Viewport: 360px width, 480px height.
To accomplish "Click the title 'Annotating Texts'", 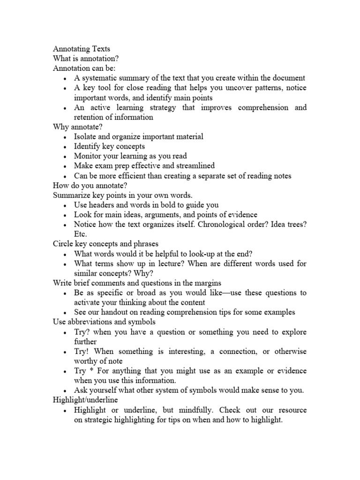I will [x=82, y=48].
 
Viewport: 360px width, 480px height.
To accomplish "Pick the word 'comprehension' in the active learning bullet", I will [x=264, y=107].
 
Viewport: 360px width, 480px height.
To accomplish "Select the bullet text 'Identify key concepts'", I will [x=109, y=146].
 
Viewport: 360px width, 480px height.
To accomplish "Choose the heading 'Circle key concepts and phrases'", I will [x=105, y=244].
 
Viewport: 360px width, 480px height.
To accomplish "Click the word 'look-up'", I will [x=198, y=254].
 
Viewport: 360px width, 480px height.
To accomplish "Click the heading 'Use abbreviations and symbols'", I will [x=104, y=322].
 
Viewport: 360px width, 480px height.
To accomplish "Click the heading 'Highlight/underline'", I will [x=85, y=400].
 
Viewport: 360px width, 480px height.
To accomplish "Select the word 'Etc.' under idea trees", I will [x=80, y=234].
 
